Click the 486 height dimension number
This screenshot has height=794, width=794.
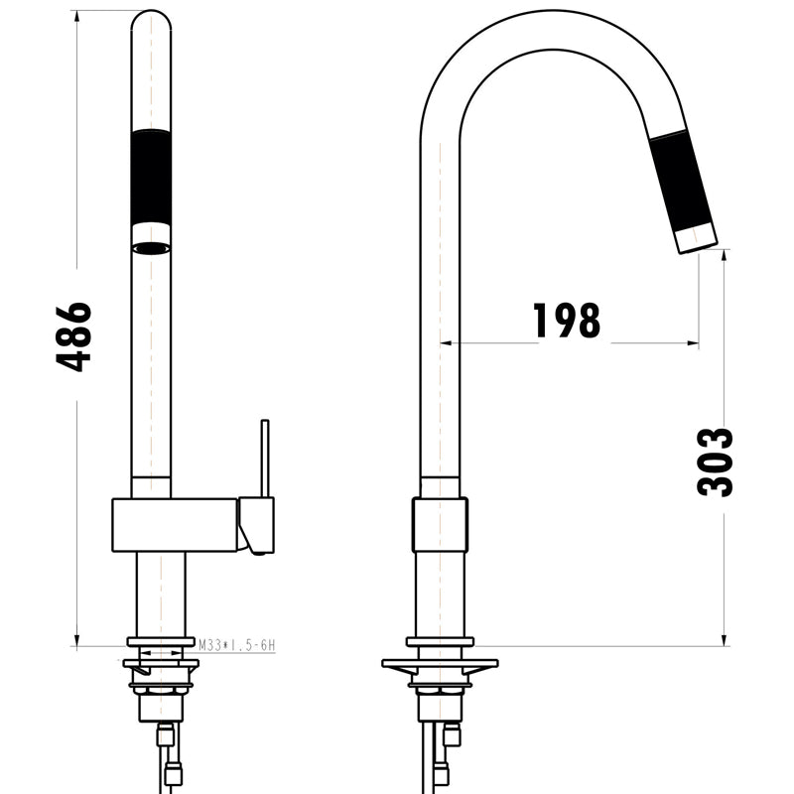[74, 336]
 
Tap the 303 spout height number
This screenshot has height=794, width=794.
[715, 462]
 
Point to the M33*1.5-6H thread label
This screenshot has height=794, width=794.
[235, 645]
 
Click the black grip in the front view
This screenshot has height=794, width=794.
[151, 180]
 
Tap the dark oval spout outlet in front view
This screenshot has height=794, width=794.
[151, 248]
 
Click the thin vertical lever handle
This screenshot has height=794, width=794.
[265, 457]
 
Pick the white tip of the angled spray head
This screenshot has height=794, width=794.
[695, 237]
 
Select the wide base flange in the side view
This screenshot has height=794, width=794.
[440, 663]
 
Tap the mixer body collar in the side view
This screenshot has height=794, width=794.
[440, 524]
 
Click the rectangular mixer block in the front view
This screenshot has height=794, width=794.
[174, 524]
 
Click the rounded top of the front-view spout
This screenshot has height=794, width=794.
[151, 20]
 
